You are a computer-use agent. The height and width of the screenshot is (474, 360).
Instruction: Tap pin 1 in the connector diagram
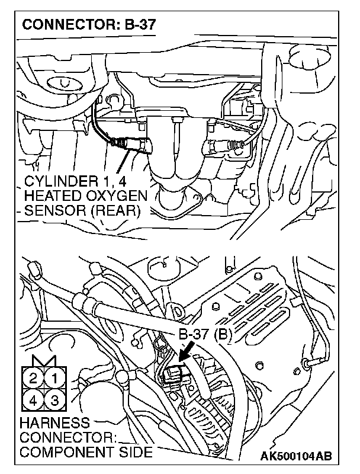[54, 377]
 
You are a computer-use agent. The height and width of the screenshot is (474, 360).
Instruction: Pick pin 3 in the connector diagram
[54, 401]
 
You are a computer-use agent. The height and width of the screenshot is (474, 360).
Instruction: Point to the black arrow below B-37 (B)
[188, 354]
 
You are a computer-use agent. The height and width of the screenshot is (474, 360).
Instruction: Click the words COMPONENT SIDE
[86, 452]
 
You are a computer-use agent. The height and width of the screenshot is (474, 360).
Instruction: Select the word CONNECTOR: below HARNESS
[66, 438]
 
